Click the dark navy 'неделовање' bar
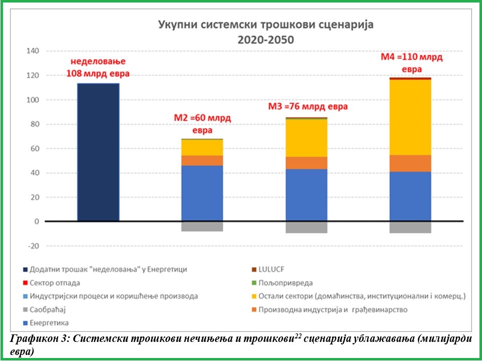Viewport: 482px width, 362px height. pos(98,152)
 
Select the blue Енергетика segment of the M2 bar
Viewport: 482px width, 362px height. pos(202,194)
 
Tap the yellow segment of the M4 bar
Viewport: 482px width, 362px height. pos(410,117)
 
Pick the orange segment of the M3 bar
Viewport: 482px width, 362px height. pos(306,163)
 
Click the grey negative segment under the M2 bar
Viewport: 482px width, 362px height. pos(202,227)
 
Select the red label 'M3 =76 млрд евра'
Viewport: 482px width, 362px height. pos(308,107)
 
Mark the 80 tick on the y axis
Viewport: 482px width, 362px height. pos(34,124)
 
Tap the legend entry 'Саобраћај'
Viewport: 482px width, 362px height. pos(48,309)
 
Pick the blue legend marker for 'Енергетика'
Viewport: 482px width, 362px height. pos(25,323)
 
